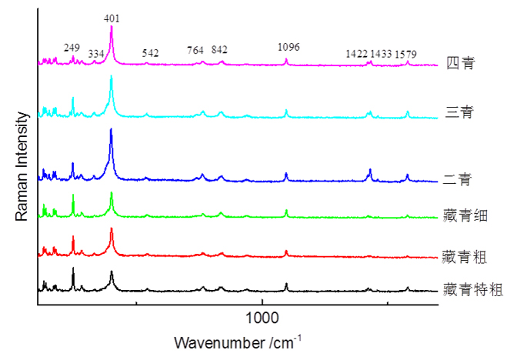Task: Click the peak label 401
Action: pyautogui.click(x=112, y=17)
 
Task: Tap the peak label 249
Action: pyautogui.click(x=72, y=48)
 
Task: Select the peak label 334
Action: pyautogui.click(x=96, y=53)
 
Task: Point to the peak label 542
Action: pyautogui.click(x=150, y=53)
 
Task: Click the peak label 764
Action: pyautogui.click(x=195, y=51)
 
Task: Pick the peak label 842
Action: pyautogui.click(x=219, y=51)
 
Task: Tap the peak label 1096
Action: pyautogui.click(x=289, y=48)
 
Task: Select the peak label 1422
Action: pyautogui.click(x=356, y=54)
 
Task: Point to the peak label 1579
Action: pyautogui.click(x=406, y=54)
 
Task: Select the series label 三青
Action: pyautogui.click(x=459, y=112)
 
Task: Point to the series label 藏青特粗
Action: pyautogui.click(x=473, y=290)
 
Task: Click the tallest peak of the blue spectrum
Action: pyautogui.click(x=112, y=130)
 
